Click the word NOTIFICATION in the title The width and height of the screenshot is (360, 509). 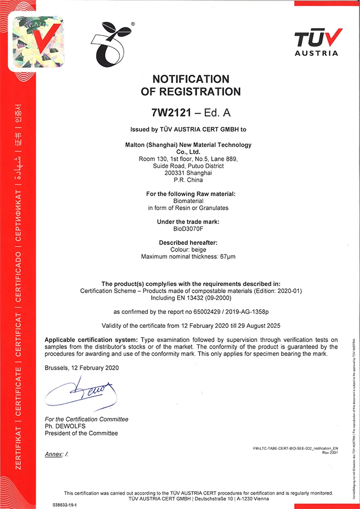191,79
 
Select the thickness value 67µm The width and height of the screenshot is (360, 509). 227,257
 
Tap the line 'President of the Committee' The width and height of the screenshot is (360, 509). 81,433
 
